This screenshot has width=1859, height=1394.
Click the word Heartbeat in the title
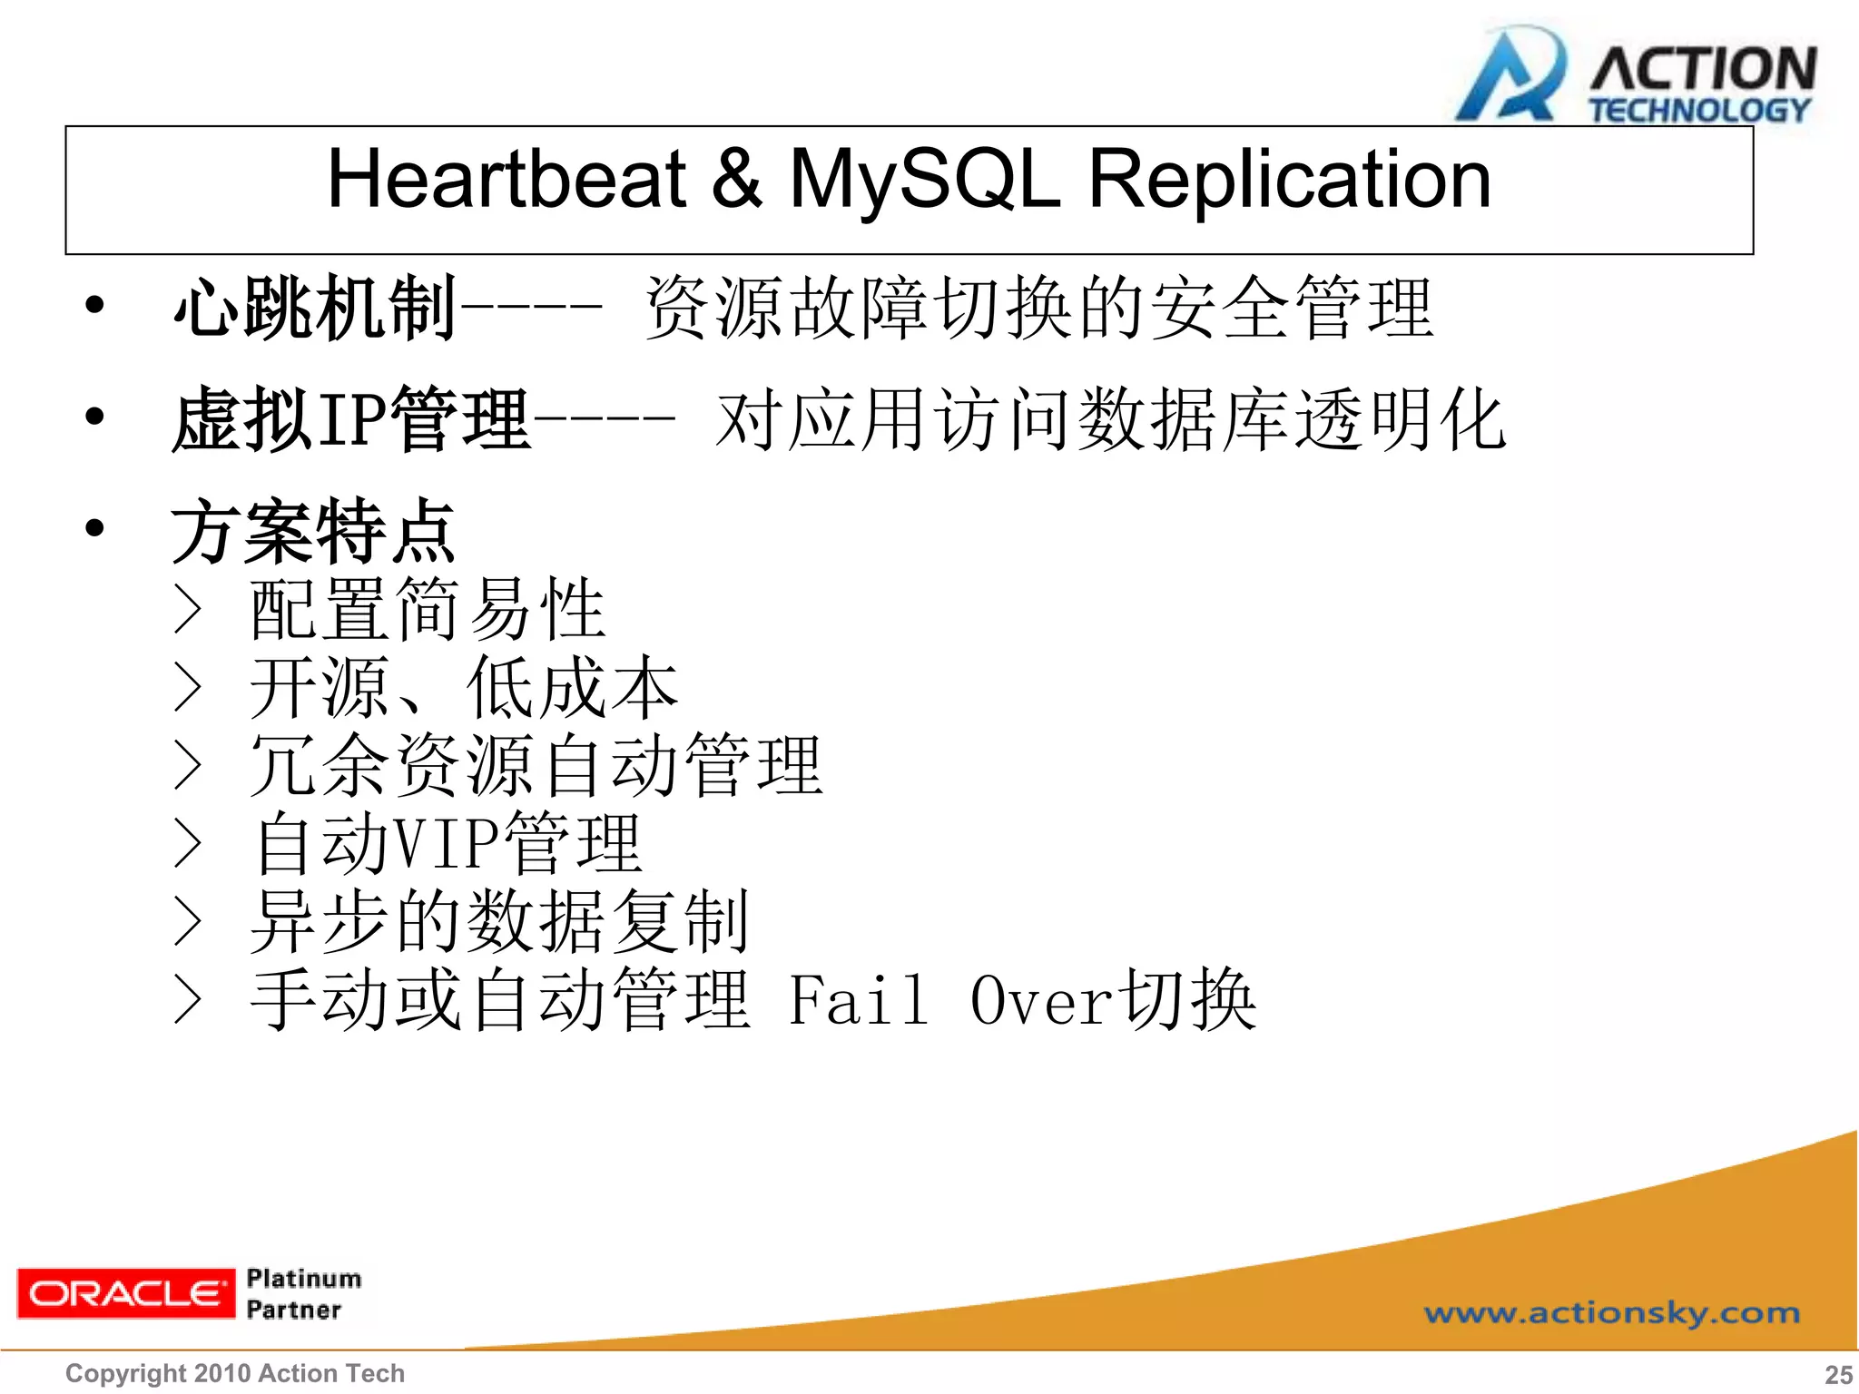point(506,179)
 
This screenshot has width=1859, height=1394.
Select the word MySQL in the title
point(924,179)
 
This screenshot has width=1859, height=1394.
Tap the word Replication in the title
point(1289,179)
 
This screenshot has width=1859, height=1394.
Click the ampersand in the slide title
point(735,179)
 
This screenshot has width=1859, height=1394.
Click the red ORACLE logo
point(124,1292)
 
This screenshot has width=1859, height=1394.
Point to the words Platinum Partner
point(302,1293)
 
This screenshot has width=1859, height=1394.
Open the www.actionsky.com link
point(1611,1312)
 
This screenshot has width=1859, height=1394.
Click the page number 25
point(1838,1374)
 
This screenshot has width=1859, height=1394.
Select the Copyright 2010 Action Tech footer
point(234,1373)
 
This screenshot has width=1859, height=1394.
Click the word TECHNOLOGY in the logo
point(1699,111)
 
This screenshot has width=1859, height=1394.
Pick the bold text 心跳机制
point(314,309)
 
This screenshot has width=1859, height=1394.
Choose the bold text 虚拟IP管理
point(350,419)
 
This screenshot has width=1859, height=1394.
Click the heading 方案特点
point(313,531)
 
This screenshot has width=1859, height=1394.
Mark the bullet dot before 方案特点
point(94,528)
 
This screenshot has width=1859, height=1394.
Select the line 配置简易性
point(427,609)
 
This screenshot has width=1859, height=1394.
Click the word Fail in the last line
point(858,1000)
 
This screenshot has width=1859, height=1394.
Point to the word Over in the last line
point(1041,1000)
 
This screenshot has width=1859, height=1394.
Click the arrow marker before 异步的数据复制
point(187,921)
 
